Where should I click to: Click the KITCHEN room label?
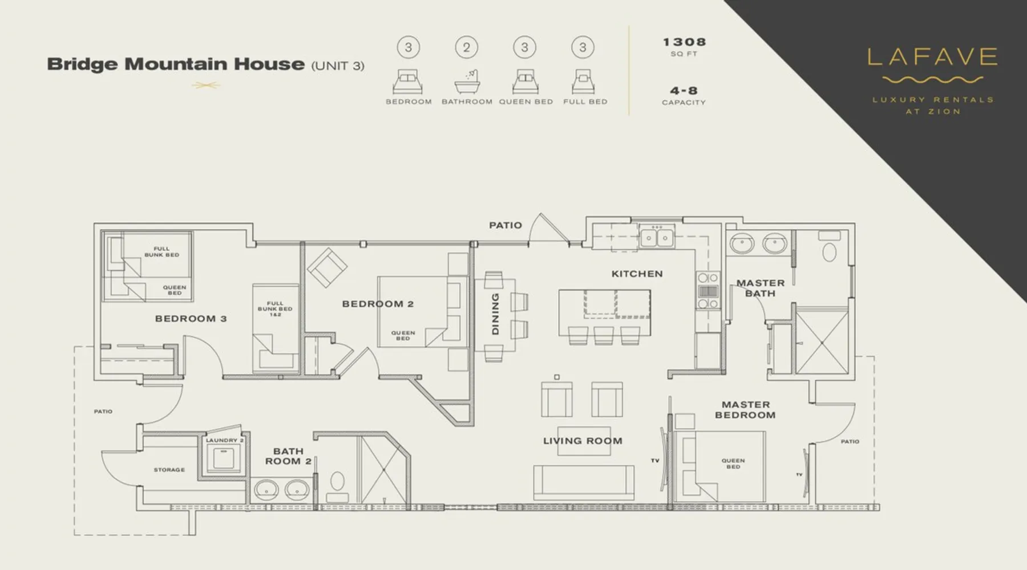click(x=637, y=274)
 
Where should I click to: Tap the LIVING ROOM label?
click(x=583, y=441)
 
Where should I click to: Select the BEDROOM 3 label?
click(x=191, y=319)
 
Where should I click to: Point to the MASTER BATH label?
click(x=760, y=288)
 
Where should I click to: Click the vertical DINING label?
click(x=495, y=314)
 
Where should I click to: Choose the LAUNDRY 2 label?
click(x=225, y=440)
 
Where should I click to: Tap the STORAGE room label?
click(x=169, y=470)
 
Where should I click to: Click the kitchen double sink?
click(x=656, y=237)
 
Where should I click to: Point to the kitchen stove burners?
click(x=707, y=291)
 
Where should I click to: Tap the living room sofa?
click(x=584, y=482)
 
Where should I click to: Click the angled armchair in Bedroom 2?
click(x=326, y=267)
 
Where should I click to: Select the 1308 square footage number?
click(x=684, y=42)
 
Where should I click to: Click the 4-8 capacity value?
click(x=684, y=91)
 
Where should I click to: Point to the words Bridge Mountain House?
click(x=176, y=64)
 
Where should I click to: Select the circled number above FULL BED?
click(x=583, y=47)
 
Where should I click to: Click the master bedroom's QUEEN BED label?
click(x=733, y=463)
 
